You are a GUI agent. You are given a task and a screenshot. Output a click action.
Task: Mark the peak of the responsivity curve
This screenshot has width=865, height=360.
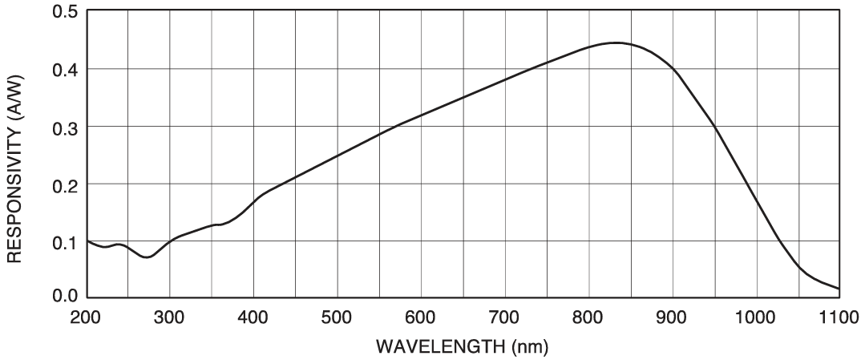(x=616, y=42)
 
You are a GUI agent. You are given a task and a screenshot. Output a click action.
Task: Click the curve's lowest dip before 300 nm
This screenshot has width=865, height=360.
(x=146, y=257)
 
